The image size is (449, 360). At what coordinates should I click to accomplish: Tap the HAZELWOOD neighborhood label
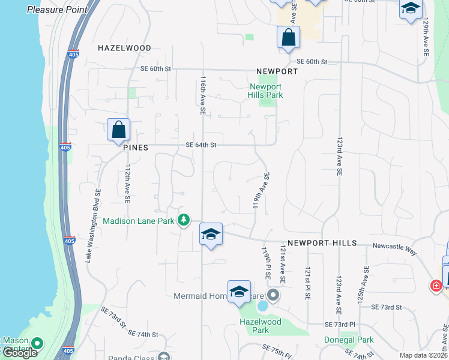click(124, 47)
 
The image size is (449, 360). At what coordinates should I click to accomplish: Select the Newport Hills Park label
click(266, 91)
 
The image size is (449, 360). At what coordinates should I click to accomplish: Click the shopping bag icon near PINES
click(119, 130)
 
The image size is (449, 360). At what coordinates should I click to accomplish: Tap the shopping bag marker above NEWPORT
click(288, 37)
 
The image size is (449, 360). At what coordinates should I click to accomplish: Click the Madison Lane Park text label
click(139, 221)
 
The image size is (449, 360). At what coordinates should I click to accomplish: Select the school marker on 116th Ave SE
click(211, 234)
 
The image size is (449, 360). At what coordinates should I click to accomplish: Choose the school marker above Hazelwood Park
click(239, 292)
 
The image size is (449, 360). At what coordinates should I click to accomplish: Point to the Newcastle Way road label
click(394, 245)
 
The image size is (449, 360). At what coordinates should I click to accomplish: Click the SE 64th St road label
click(200, 145)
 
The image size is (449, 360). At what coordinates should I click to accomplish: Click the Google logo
click(19, 353)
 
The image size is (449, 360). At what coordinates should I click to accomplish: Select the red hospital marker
click(435, 285)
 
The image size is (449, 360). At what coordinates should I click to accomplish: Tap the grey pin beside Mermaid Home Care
click(274, 295)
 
